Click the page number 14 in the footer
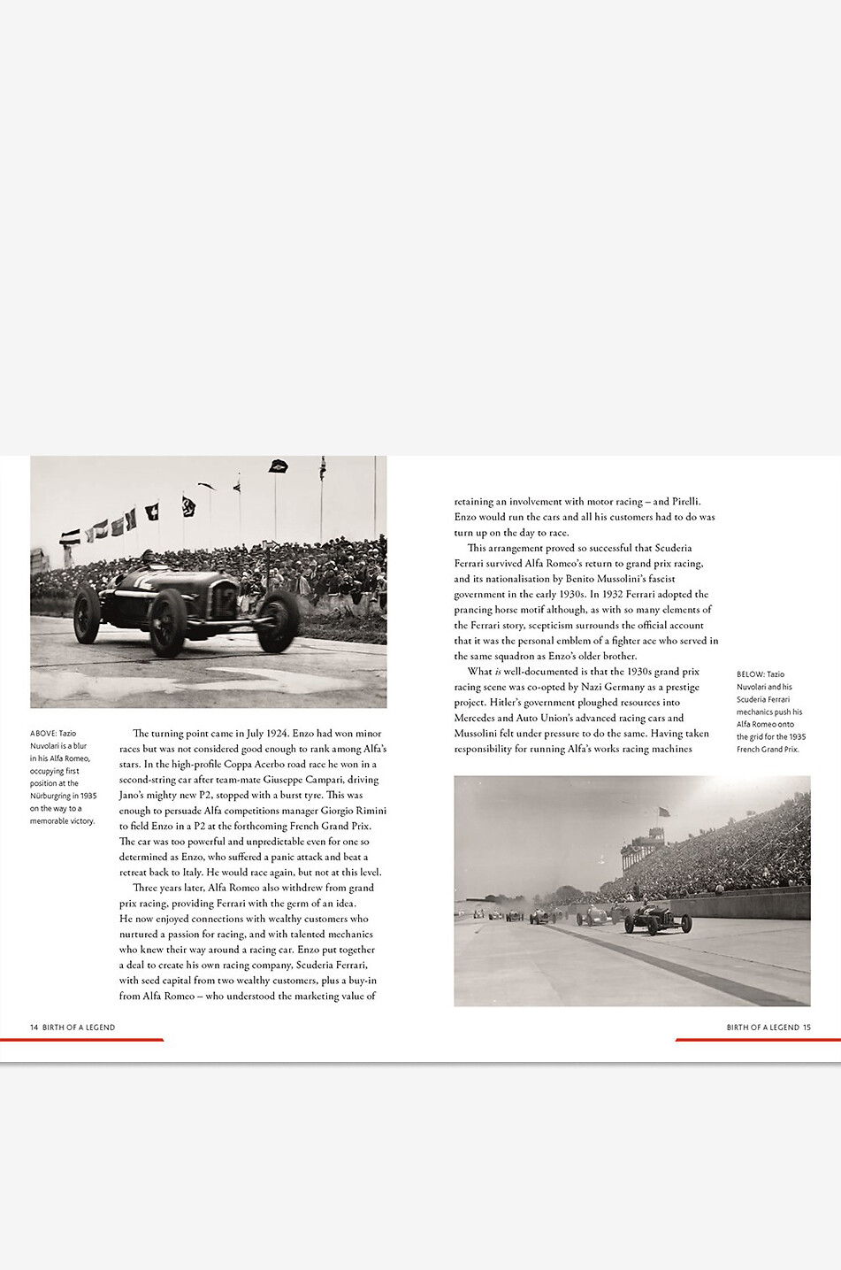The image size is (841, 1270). [34, 1028]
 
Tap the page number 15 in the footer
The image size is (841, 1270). [807, 1028]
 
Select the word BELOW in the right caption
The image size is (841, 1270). [750, 674]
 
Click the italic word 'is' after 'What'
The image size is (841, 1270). [498, 672]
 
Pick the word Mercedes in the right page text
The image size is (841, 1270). [475, 719]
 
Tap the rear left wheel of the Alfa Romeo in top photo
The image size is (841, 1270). [87, 614]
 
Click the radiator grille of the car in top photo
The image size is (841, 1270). [224, 599]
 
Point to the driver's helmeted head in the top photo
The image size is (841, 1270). [148, 558]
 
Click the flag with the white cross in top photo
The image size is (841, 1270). [152, 512]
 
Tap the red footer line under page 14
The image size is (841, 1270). [81, 1040]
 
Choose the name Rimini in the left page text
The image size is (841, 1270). [368, 811]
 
